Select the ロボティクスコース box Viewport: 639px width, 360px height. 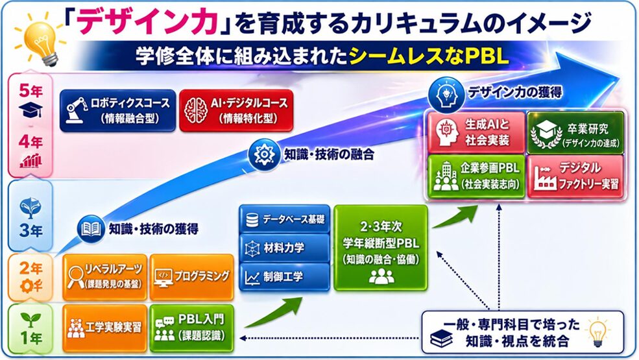tap(118, 110)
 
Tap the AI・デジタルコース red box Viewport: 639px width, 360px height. tap(236, 110)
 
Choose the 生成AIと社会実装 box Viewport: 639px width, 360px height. tap(476, 132)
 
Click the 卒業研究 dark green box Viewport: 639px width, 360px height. tap(575, 132)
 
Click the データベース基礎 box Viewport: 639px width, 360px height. tap(284, 219)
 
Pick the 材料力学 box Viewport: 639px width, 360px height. tap(284, 248)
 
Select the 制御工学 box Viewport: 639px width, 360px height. tap(284, 277)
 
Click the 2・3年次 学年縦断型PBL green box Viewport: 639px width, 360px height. tap(381, 248)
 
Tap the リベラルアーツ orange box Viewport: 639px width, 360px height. tap(105, 277)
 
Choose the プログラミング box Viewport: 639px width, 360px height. tap(191, 277)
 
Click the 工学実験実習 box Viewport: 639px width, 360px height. tap(105, 328)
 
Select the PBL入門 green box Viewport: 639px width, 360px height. tap(191, 328)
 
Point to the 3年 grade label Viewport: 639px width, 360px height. tap(30, 231)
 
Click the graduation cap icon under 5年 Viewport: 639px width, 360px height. tap(30, 109)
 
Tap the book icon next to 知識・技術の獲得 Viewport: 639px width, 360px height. tap(91, 229)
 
